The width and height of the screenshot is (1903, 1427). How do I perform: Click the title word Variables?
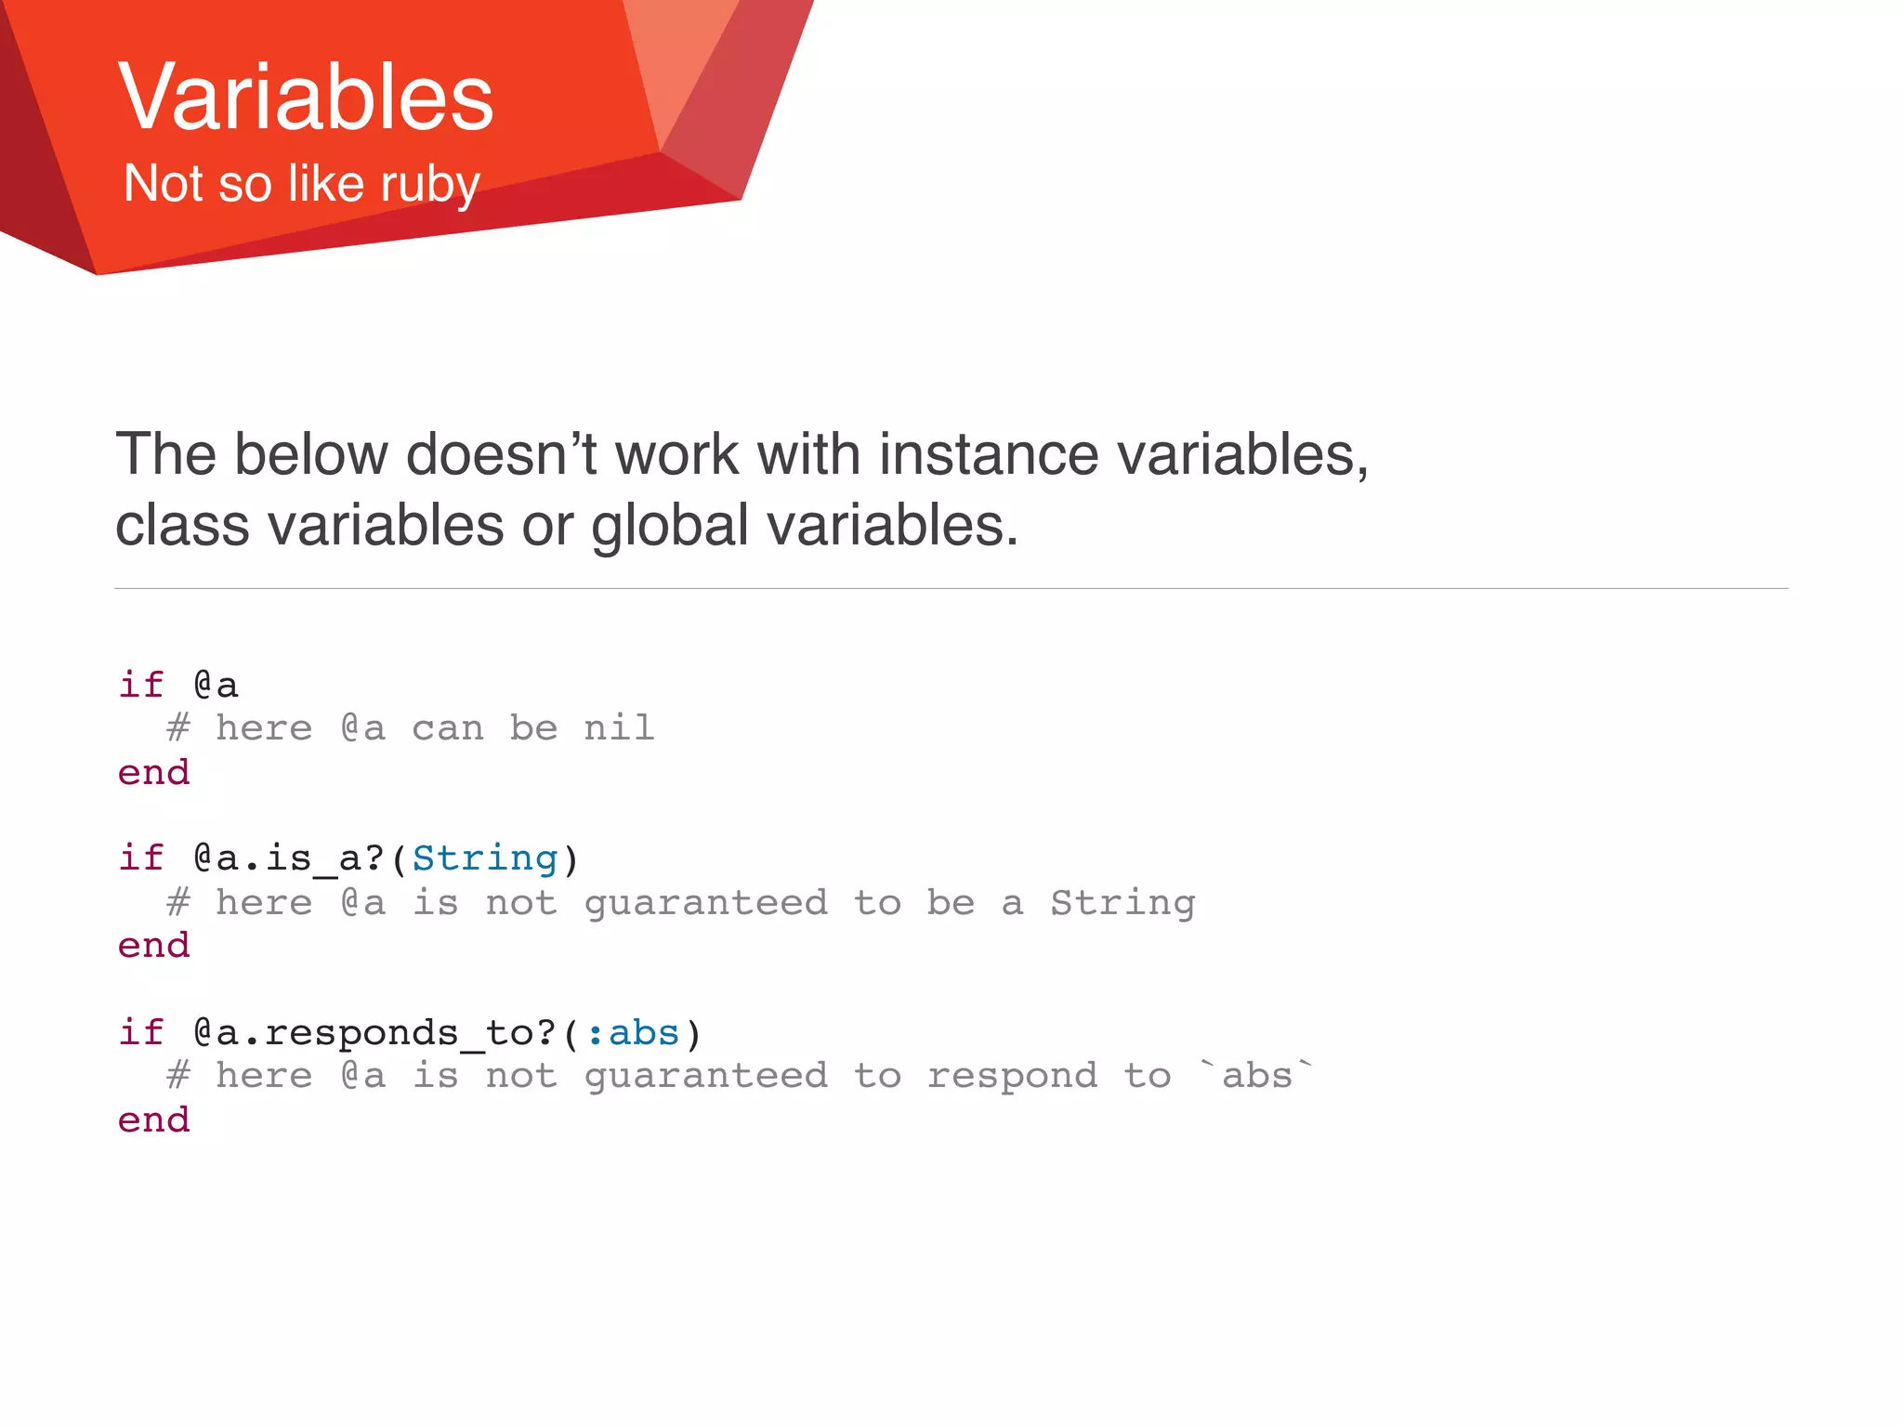click(306, 97)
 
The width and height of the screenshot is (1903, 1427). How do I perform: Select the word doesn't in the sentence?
click(501, 455)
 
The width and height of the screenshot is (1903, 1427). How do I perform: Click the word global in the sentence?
click(669, 526)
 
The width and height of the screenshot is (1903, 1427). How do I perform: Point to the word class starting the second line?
click(182, 526)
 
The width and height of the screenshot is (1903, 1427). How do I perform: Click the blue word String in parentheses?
click(484, 858)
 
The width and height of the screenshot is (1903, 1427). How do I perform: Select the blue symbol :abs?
click(633, 1032)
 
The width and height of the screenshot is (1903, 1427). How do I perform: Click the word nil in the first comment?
click(619, 727)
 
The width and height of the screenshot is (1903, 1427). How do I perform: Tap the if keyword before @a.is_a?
click(141, 858)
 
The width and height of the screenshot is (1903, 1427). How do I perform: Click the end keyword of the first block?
click(153, 772)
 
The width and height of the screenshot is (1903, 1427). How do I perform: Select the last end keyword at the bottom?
click(153, 1119)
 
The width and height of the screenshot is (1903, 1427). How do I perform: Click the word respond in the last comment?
click(1012, 1077)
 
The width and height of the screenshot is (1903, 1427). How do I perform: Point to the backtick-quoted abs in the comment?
click(1257, 1075)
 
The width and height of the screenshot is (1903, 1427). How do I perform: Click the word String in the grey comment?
click(1122, 902)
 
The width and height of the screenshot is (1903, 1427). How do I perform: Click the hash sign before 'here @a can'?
click(178, 727)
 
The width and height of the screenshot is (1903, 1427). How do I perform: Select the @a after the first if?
click(216, 685)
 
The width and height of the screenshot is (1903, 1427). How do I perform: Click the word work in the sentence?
click(677, 455)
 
